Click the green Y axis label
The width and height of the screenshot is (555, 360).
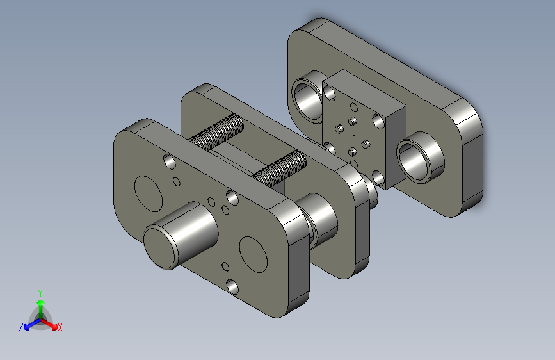[40, 293]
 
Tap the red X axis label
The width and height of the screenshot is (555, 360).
[60, 327]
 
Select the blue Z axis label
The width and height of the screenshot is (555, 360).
[21, 327]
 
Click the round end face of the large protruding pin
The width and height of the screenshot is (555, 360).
[160, 248]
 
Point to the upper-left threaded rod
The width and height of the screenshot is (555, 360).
[216, 132]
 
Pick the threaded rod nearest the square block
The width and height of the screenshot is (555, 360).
[280, 168]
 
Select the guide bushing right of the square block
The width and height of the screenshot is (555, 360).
[420, 158]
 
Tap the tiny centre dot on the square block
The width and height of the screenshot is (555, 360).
[353, 135]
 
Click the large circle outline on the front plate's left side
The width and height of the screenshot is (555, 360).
[149, 194]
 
